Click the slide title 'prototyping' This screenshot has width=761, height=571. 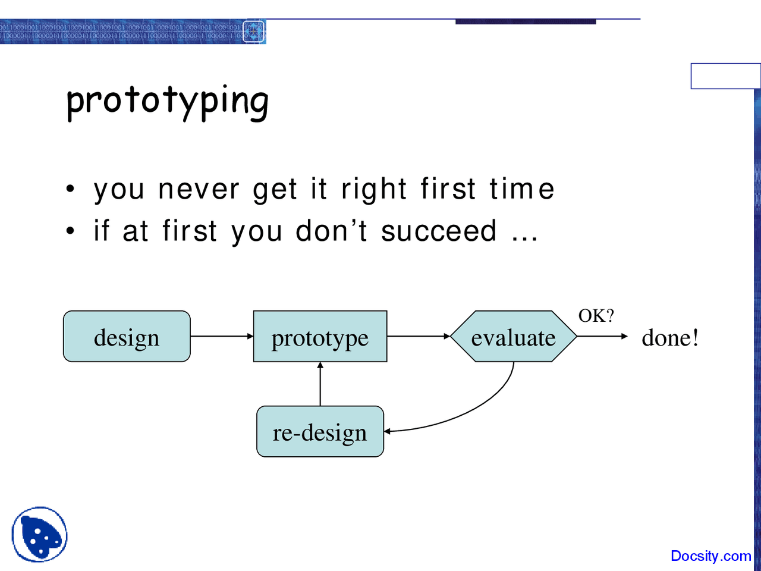click(167, 101)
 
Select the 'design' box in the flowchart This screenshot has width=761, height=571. click(127, 337)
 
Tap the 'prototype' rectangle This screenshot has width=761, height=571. click(320, 337)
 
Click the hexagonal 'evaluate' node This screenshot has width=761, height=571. click(513, 337)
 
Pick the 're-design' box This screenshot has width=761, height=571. click(320, 432)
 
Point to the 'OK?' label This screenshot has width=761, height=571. click(596, 316)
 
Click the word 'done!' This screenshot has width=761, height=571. click(670, 338)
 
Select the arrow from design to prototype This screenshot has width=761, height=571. click(221, 337)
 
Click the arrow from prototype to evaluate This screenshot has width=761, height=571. click(419, 337)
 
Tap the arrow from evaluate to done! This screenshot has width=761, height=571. click(602, 337)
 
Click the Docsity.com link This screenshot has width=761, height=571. click(710, 556)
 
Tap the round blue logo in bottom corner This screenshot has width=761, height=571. click(39, 535)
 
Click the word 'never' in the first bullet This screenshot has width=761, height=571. click(199, 190)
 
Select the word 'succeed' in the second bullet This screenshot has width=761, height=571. click(439, 231)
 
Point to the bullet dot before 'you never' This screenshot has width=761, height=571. click(71, 190)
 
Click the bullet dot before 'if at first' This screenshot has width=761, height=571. click(71, 231)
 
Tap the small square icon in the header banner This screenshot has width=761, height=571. click(254, 32)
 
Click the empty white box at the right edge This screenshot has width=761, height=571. click(725, 76)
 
